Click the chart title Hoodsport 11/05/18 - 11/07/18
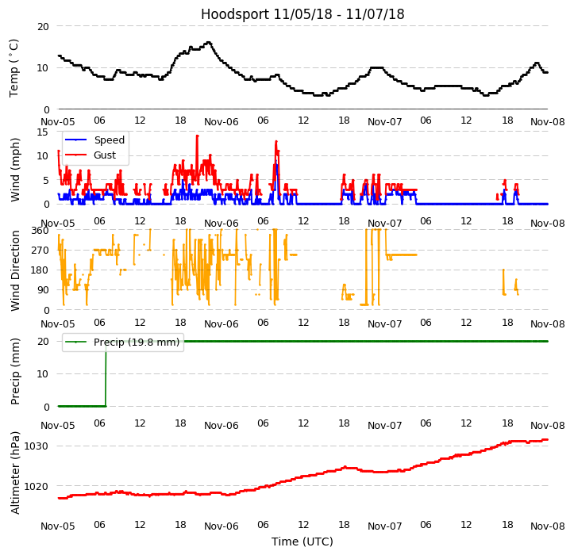[x=302, y=14]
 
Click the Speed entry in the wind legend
[x=109, y=140]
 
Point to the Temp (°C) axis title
[x=14, y=67]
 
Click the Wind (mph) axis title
[x=15, y=169]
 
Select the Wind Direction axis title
[x=15, y=270]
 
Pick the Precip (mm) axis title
[x=15, y=370]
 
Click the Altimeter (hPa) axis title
[x=15, y=472]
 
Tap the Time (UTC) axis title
[x=302, y=542]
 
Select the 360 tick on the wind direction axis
[x=40, y=230]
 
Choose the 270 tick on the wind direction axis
[x=40, y=250]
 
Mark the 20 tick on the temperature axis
[x=43, y=26]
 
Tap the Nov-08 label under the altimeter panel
[x=548, y=526]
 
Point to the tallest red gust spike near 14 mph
[x=197, y=136]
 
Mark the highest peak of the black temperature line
[x=208, y=43]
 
